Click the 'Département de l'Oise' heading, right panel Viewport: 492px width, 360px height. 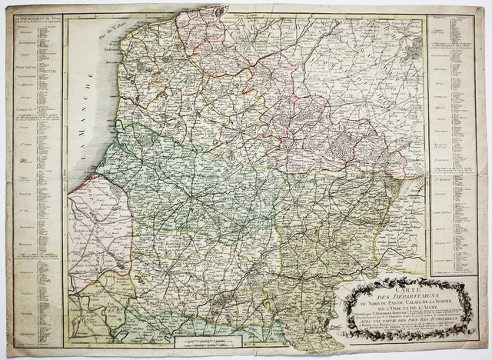coord(450,47)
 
